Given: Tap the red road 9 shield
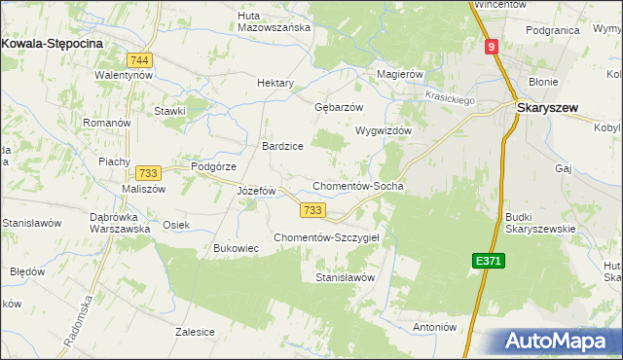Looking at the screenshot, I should pyautogui.click(x=494, y=46).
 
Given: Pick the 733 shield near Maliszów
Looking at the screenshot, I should pyautogui.click(x=148, y=171).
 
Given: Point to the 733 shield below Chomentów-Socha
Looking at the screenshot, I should pyautogui.click(x=312, y=210).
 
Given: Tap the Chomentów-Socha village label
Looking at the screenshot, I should pyautogui.click(x=357, y=186).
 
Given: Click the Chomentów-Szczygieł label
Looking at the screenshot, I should pyautogui.click(x=332, y=237).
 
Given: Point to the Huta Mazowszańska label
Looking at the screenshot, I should pyautogui.click(x=275, y=20).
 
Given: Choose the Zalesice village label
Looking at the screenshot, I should pyautogui.click(x=195, y=332).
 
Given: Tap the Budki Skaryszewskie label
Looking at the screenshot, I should pyautogui.click(x=541, y=223).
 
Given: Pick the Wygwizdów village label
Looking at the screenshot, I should pyautogui.click(x=385, y=130).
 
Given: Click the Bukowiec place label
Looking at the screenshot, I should pyautogui.click(x=236, y=248).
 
